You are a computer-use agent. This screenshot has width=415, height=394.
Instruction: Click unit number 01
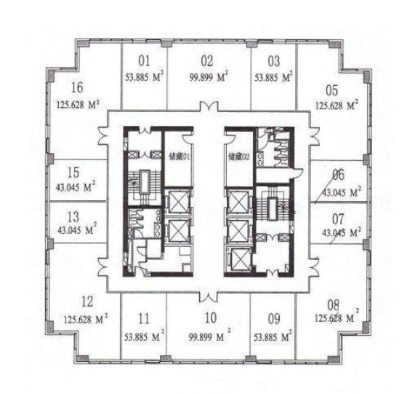click(144, 60)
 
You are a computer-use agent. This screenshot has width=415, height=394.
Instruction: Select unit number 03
click(274, 61)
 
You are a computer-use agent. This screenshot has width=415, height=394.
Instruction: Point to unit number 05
click(332, 90)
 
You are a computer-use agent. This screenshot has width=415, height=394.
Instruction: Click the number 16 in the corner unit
click(77, 87)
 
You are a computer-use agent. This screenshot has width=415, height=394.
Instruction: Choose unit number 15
click(73, 173)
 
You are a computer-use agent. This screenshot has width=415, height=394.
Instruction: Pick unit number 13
click(73, 217)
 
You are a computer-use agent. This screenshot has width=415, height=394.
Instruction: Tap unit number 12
click(87, 302)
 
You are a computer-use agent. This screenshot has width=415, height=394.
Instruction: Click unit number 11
click(144, 319)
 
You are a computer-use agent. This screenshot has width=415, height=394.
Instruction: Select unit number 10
click(211, 318)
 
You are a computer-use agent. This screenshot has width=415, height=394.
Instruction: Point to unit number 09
click(274, 319)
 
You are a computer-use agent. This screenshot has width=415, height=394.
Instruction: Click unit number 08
click(333, 305)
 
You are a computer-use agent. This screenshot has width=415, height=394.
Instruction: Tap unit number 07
click(338, 219)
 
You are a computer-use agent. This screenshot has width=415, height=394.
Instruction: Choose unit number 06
click(339, 175)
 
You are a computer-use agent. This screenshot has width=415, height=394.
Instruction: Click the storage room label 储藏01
click(180, 157)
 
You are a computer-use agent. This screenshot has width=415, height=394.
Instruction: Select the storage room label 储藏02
click(239, 157)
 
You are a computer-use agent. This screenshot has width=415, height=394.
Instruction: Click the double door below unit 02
click(209, 106)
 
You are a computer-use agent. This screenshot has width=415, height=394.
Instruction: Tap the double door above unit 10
click(209, 297)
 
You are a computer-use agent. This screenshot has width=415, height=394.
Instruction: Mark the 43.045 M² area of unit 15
click(76, 186)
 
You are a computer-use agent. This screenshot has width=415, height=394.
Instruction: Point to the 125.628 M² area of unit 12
click(86, 319)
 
